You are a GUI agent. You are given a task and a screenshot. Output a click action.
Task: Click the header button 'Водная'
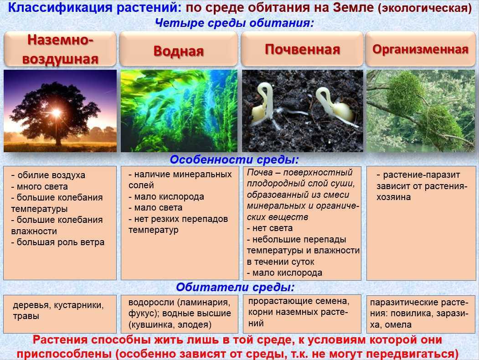pyautogui.click(x=179, y=50)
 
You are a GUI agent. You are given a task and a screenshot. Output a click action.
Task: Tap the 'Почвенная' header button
pyautogui.click(x=302, y=49)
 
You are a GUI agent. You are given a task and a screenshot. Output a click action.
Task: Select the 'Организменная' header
pyautogui.click(x=420, y=49)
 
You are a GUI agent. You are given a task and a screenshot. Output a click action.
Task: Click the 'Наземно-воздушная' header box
pyautogui.click(x=60, y=49)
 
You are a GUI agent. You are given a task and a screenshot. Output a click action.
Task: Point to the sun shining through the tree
pyautogui.click(x=56, y=112)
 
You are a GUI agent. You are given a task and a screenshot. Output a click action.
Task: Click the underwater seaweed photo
pyautogui.click(x=179, y=111)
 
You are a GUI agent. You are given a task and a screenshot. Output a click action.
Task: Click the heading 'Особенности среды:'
pyautogui.click(x=234, y=160)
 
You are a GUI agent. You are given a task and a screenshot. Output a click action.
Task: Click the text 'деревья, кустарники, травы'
pyautogui.click(x=58, y=310)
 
